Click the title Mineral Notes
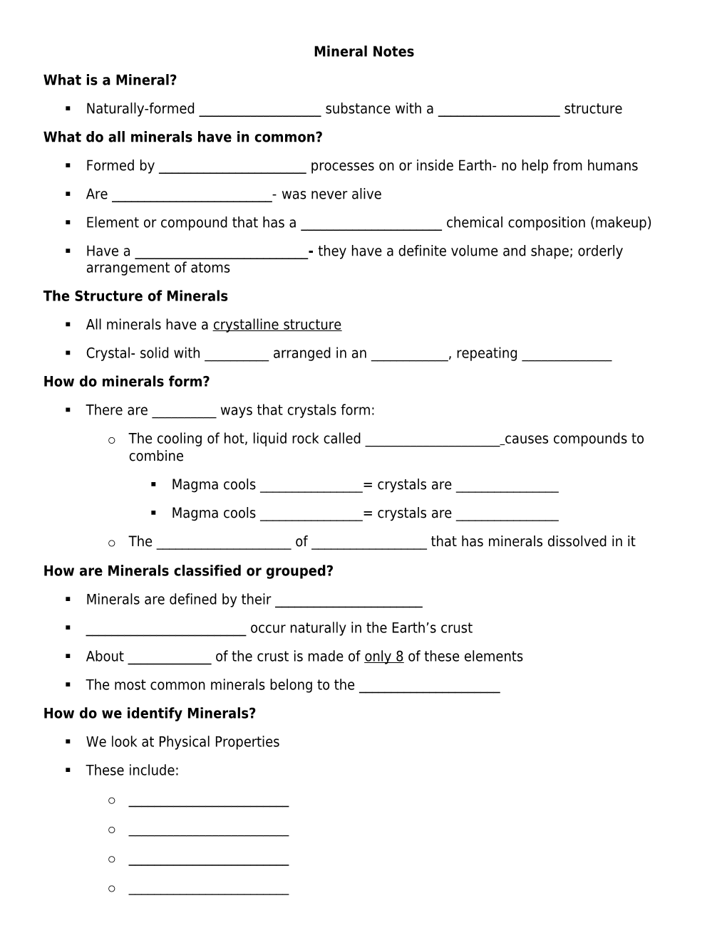(363, 52)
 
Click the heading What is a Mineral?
(110, 80)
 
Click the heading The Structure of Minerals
(135, 296)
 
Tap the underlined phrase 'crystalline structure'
(277, 325)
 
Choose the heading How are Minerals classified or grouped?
(188, 571)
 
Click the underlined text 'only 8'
(383, 657)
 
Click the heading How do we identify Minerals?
(150, 714)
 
